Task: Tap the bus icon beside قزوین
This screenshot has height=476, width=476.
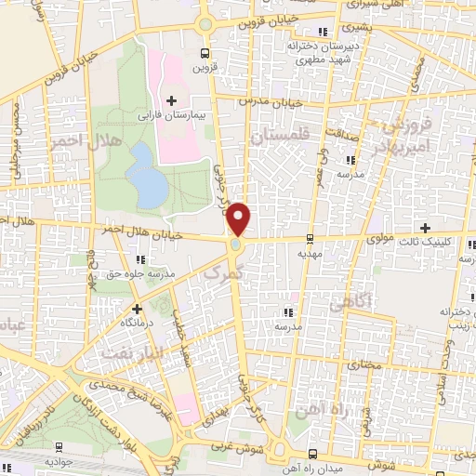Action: [205, 54]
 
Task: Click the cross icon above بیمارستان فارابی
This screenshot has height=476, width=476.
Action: [171, 99]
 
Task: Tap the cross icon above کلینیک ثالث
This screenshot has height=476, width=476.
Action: [426, 228]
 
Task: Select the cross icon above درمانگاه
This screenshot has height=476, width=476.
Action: [137, 308]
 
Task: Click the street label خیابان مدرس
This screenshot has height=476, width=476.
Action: [271, 99]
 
